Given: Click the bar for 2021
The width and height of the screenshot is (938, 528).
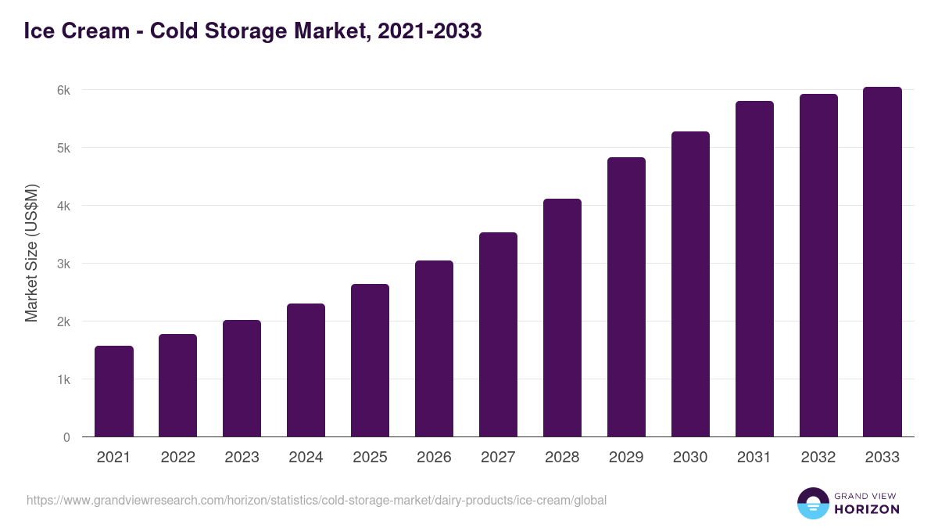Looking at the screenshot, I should pos(114,391).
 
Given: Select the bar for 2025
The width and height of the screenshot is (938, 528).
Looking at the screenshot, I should pos(370,361).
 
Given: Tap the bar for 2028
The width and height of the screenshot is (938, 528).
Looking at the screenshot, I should pos(562,318).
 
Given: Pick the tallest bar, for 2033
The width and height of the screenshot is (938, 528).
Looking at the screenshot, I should pos(883,262).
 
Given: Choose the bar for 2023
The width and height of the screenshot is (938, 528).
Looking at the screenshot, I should pos(242,379).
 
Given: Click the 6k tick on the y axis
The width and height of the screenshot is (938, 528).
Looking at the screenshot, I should pos(63,90).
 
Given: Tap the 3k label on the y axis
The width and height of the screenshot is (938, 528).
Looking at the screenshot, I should pos(63,264).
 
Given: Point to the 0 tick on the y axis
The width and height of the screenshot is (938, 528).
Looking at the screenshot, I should pos(66,437).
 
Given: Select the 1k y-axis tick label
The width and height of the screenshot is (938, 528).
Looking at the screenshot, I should pos(63,379).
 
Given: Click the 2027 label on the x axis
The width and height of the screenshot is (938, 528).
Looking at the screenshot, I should pos(498,458).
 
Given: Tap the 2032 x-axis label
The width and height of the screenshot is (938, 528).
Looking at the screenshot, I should pos(818,458).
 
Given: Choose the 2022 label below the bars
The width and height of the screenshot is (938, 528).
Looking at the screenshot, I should pos(177,458).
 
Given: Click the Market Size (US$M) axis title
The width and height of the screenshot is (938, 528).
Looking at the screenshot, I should pos(31,252).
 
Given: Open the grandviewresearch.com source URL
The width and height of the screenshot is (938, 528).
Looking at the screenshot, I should pos(317,500).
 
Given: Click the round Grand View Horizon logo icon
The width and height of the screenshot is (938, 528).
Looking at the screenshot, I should pos(813,503).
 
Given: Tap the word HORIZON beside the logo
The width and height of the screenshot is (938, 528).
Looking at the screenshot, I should pos(866,509).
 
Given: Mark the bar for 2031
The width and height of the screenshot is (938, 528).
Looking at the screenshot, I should pos(754,269).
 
